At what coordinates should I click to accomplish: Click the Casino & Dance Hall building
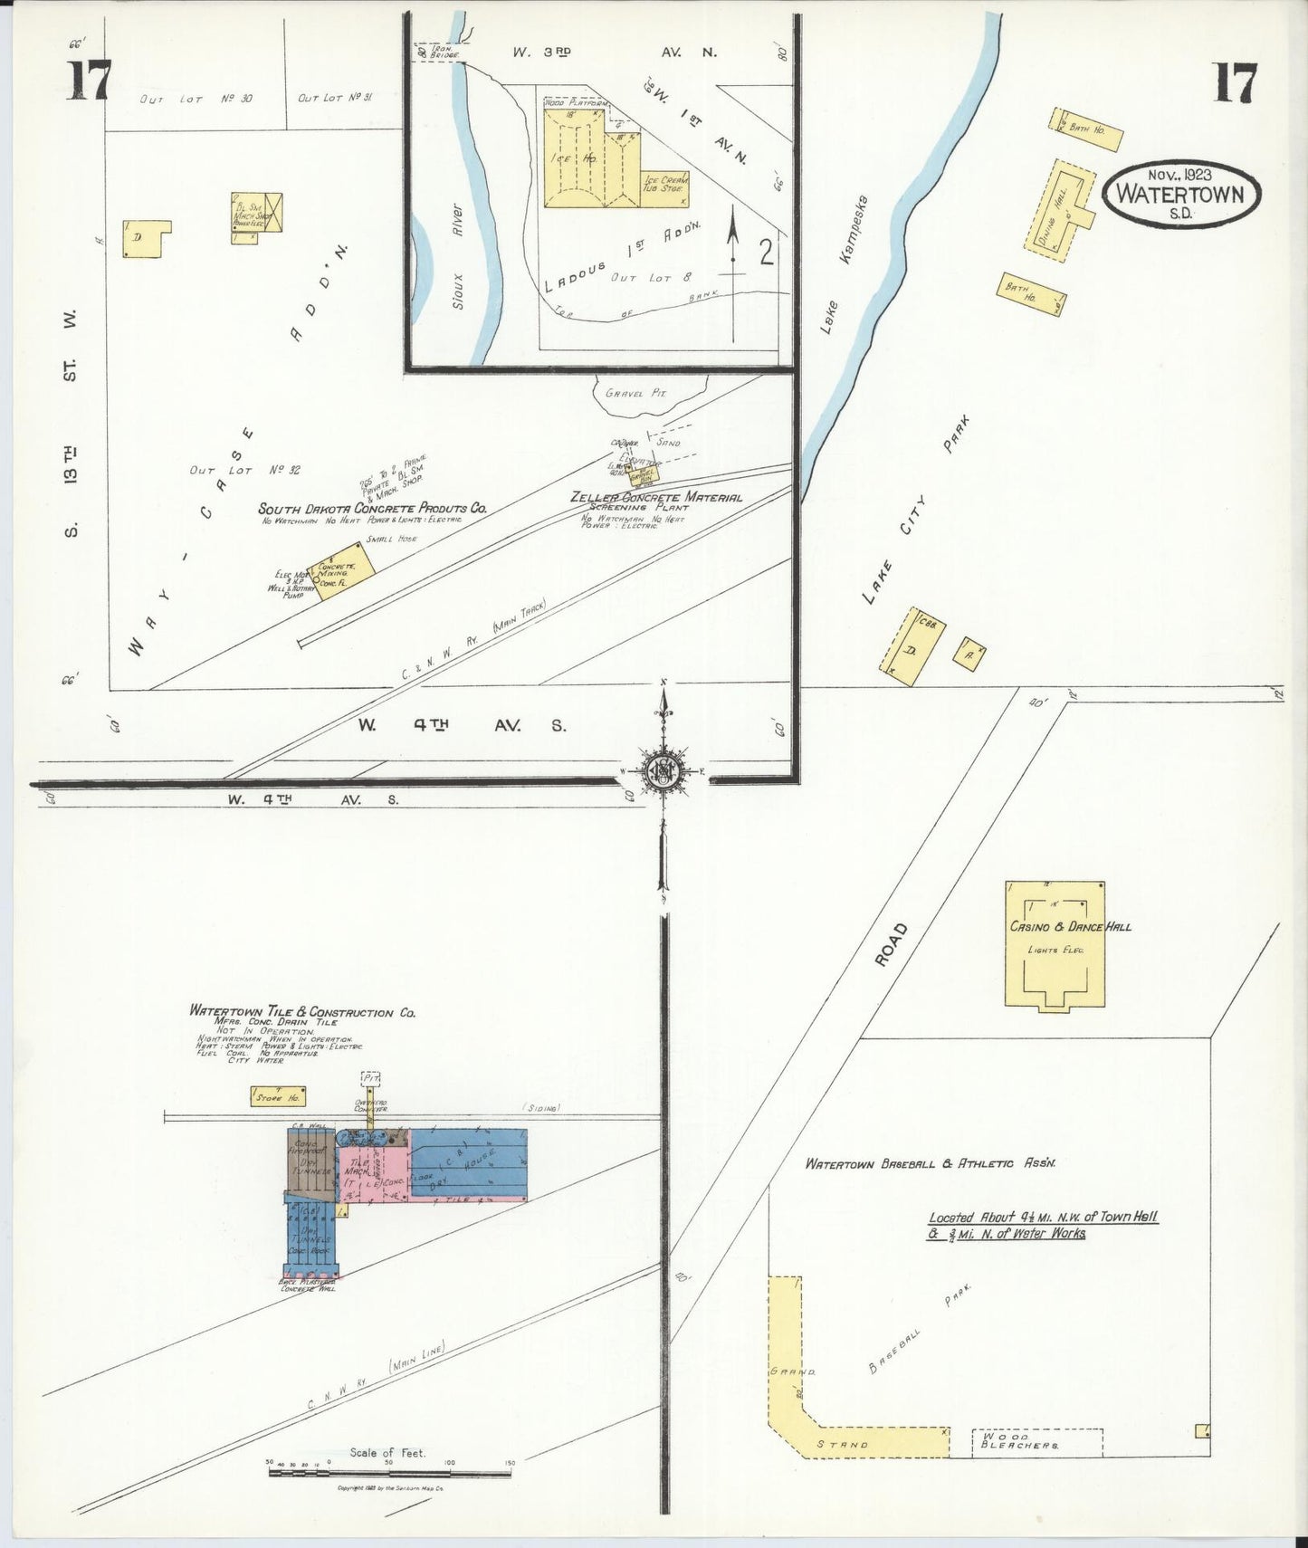click(1055, 946)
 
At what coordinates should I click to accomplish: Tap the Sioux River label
click(458, 256)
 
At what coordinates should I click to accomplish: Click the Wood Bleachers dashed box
click(1036, 1443)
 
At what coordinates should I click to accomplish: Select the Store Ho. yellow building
click(276, 1097)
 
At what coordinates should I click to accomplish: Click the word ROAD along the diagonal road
click(892, 946)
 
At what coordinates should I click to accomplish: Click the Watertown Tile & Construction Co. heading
click(302, 1013)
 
